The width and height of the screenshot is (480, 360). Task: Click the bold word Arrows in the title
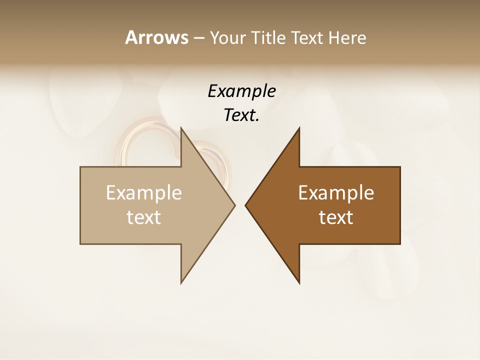(156, 37)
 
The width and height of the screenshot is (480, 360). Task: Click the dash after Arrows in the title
(198, 38)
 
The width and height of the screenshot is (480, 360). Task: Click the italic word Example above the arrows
(241, 91)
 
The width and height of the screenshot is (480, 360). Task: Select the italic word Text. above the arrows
(241, 115)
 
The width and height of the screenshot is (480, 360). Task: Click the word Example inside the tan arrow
(144, 193)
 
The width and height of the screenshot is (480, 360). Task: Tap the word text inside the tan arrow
(144, 217)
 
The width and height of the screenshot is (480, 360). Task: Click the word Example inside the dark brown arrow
(336, 193)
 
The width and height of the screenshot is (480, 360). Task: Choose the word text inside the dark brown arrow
(336, 217)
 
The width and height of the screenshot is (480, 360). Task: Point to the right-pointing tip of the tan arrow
(234, 205)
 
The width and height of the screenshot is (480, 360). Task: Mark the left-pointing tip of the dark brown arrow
(245, 205)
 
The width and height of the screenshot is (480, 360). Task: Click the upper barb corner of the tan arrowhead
(181, 128)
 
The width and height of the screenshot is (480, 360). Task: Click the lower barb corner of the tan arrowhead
(181, 283)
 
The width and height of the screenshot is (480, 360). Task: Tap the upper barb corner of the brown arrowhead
(299, 128)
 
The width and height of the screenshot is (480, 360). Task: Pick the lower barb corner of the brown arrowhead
(299, 283)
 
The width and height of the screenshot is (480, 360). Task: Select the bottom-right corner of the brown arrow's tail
(400, 244)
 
